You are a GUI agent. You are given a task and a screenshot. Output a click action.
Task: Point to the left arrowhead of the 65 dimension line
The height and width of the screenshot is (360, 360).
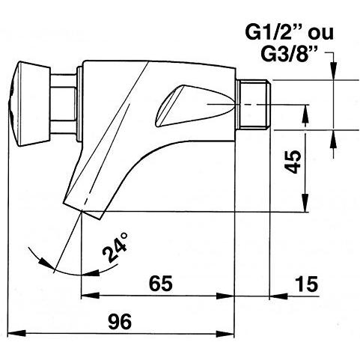click(85, 295)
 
